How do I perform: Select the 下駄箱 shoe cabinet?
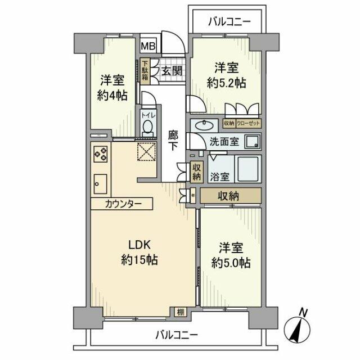tap(145, 72)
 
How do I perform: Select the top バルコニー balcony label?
tap(228, 22)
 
